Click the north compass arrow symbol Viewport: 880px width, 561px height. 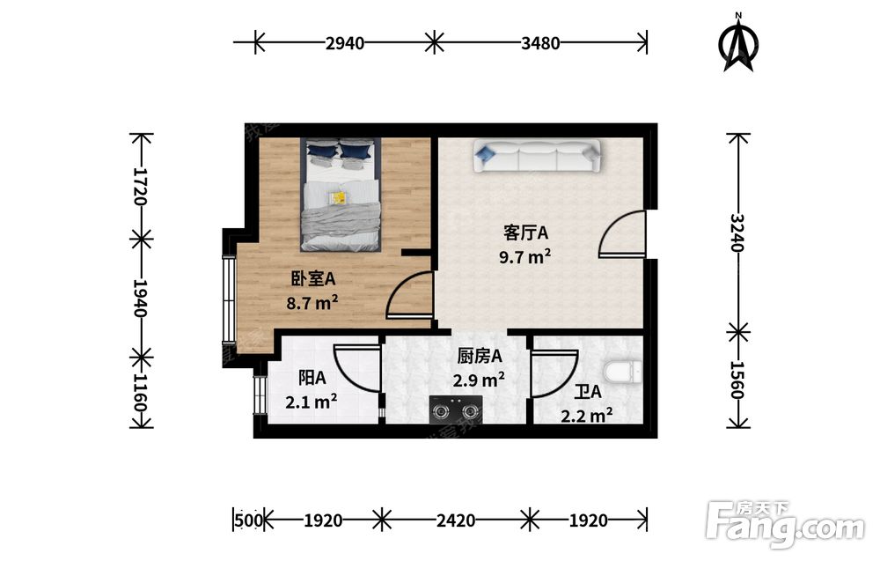coord(738,43)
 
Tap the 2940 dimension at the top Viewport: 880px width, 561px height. coord(345,43)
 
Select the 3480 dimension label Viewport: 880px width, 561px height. coord(540,43)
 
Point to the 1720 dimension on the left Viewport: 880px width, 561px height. coord(140,187)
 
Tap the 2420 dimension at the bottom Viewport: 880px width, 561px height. coord(456,520)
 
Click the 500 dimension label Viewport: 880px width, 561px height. coord(249,520)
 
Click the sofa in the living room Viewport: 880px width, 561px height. coord(537,156)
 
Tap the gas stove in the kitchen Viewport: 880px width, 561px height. coord(456,409)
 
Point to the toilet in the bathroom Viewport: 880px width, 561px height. coord(623,372)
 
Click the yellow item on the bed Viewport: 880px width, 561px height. coord(338,197)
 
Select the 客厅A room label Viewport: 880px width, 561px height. coord(525,233)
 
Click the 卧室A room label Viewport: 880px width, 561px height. coord(312,278)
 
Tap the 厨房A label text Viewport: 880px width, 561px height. coord(480,356)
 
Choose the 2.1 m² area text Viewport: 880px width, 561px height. coord(312,402)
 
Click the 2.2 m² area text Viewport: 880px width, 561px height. coord(586,415)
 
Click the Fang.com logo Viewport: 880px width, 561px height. coord(786,523)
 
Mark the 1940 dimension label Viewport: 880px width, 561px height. coord(140,299)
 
